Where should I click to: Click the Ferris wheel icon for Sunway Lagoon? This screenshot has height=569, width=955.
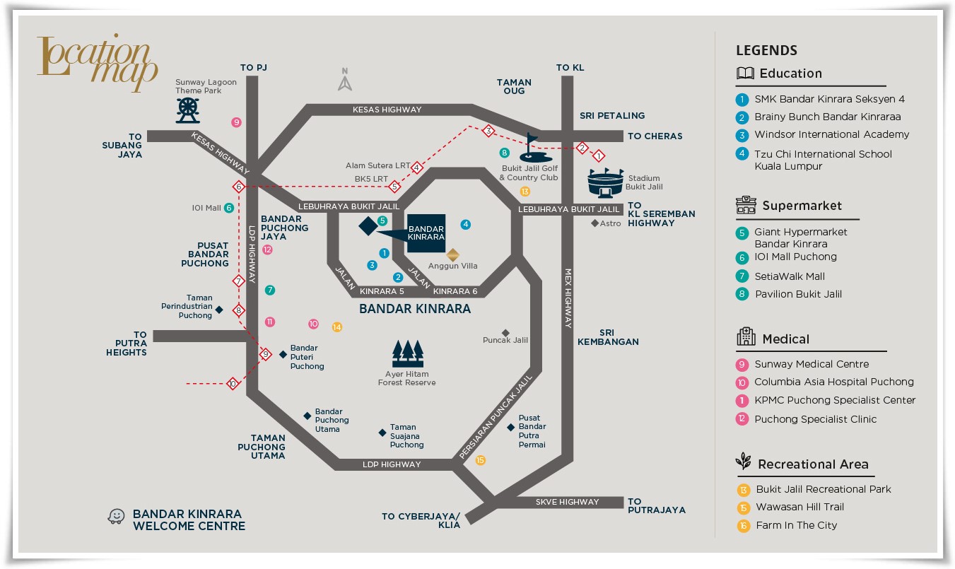(187, 110)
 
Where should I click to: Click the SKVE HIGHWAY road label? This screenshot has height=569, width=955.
(567, 502)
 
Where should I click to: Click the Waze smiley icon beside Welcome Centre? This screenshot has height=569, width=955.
(115, 517)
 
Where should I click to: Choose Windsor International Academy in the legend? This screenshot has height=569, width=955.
(831, 134)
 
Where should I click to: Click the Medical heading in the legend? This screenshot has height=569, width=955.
(785, 339)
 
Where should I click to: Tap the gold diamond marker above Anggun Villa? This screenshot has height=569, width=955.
(452, 254)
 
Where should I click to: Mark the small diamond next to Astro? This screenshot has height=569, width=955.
(595, 223)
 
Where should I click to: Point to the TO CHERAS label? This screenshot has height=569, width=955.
(655, 136)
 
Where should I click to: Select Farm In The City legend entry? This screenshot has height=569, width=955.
(796, 525)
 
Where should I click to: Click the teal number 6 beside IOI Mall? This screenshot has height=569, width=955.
(229, 208)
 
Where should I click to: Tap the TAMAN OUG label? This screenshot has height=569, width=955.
(514, 86)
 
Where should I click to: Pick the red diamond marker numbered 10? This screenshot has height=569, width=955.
(232, 384)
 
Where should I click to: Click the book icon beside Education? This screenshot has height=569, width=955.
(745, 74)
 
